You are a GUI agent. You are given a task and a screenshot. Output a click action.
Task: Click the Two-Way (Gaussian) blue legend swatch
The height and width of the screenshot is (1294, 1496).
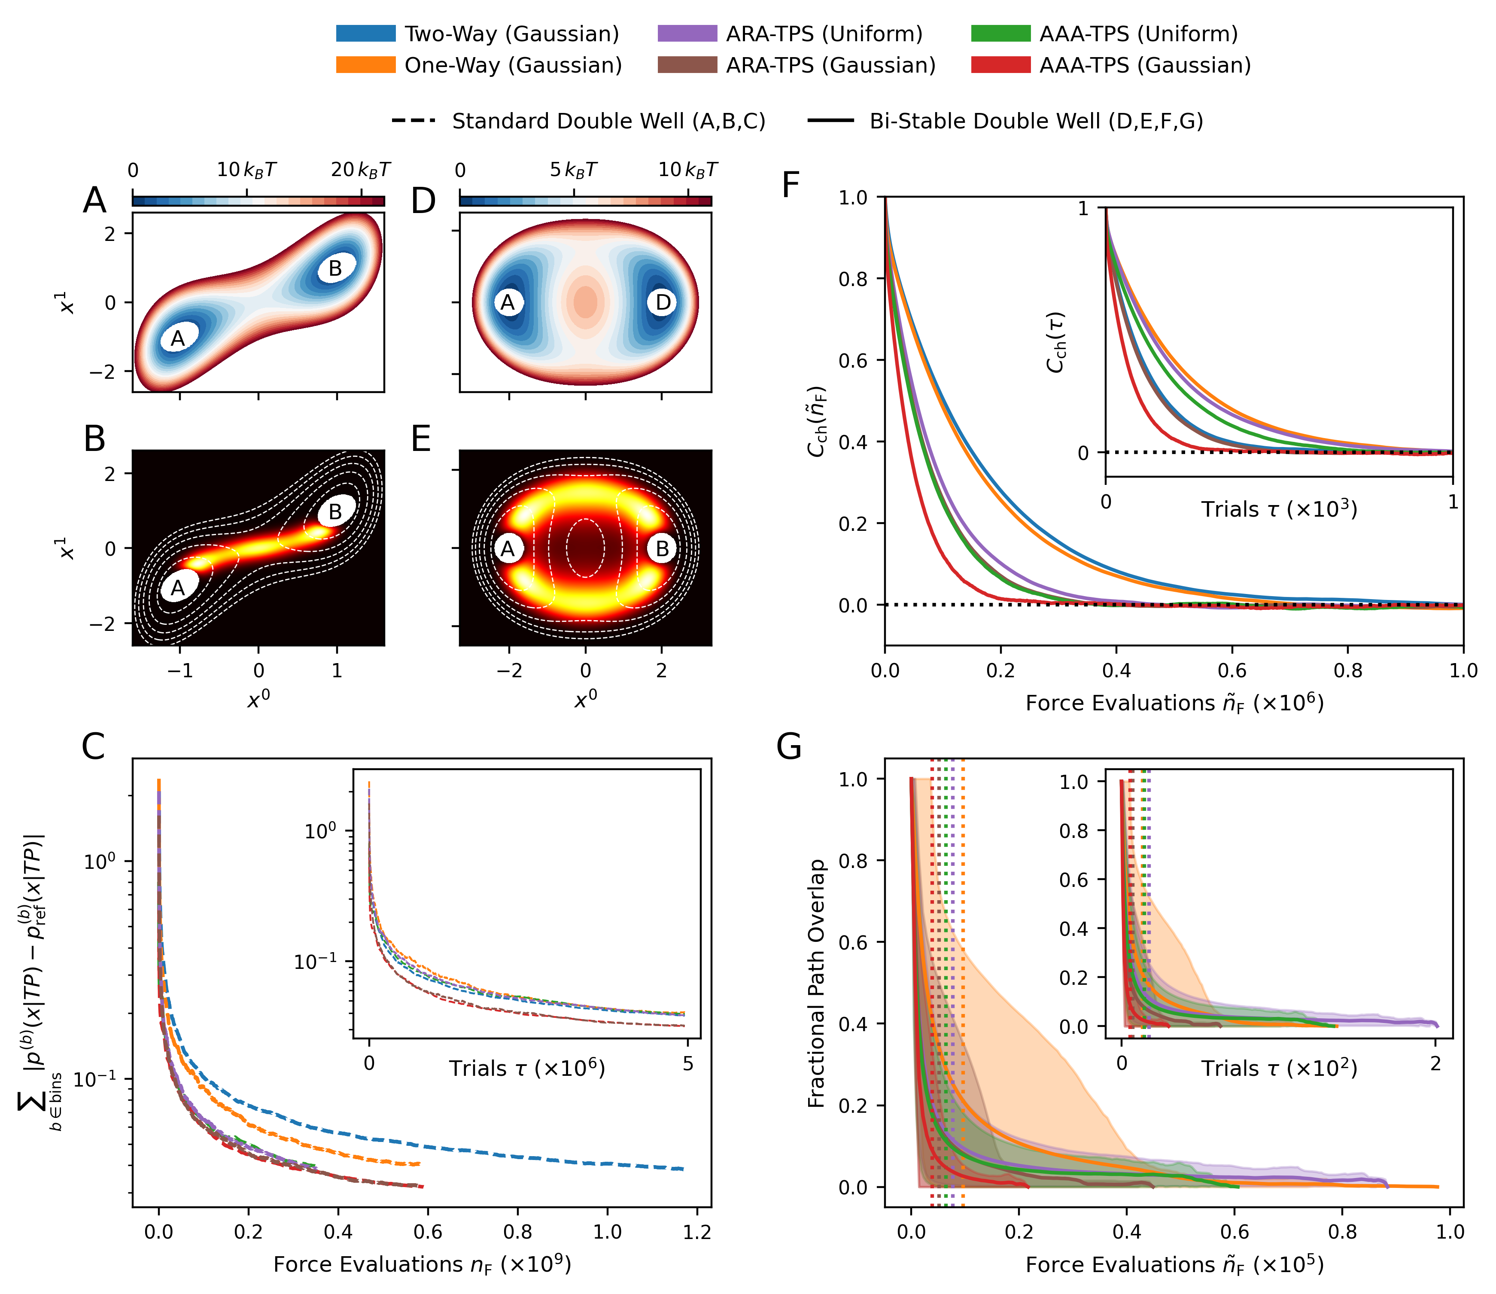[x=365, y=34]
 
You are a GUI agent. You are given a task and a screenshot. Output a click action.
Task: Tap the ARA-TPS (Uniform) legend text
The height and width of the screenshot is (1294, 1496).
[x=824, y=34]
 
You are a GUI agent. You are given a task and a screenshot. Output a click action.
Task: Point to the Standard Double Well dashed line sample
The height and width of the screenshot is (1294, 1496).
[x=413, y=121]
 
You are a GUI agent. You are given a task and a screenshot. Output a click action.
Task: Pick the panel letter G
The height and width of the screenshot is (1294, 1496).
[x=789, y=747]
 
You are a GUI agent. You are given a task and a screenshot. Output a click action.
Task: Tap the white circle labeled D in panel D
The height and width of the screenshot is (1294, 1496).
[x=662, y=302]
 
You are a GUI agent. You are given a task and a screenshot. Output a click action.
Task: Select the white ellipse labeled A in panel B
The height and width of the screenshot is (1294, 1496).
[x=178, y=588]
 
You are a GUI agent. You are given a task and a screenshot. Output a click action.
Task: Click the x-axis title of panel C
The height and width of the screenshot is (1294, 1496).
[x=423, y=1264]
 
